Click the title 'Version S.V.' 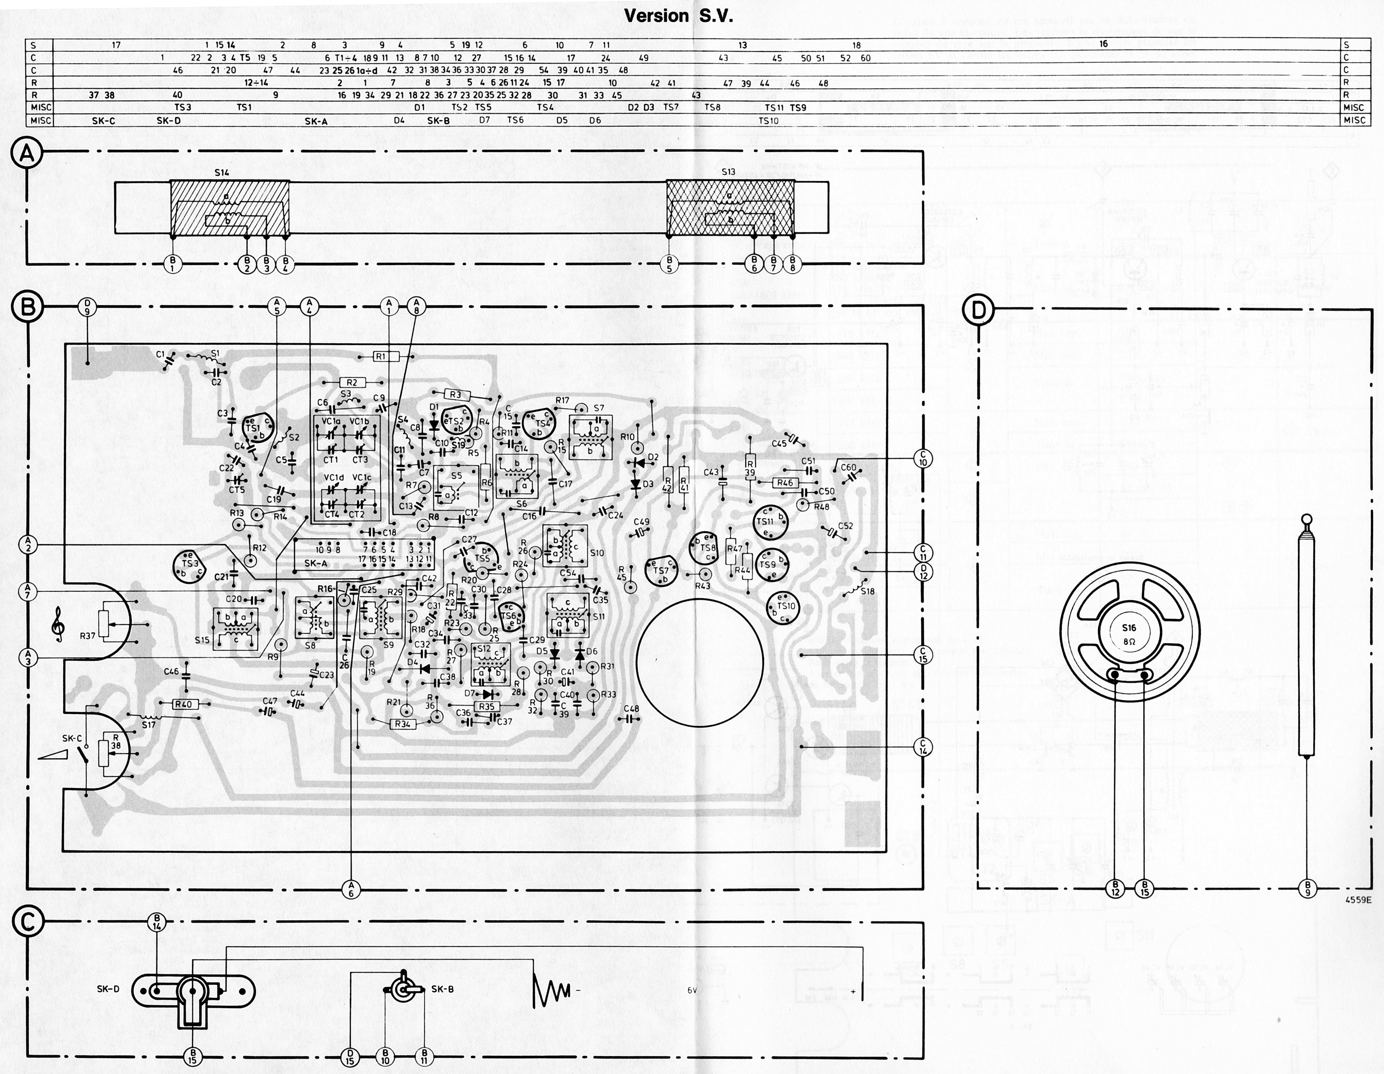[679, 16]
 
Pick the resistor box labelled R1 [380, 357]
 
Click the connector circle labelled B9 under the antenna [1306, 889]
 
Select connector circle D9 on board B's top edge [87, 308]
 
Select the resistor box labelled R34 [403, 724]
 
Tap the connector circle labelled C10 [923, 458]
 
